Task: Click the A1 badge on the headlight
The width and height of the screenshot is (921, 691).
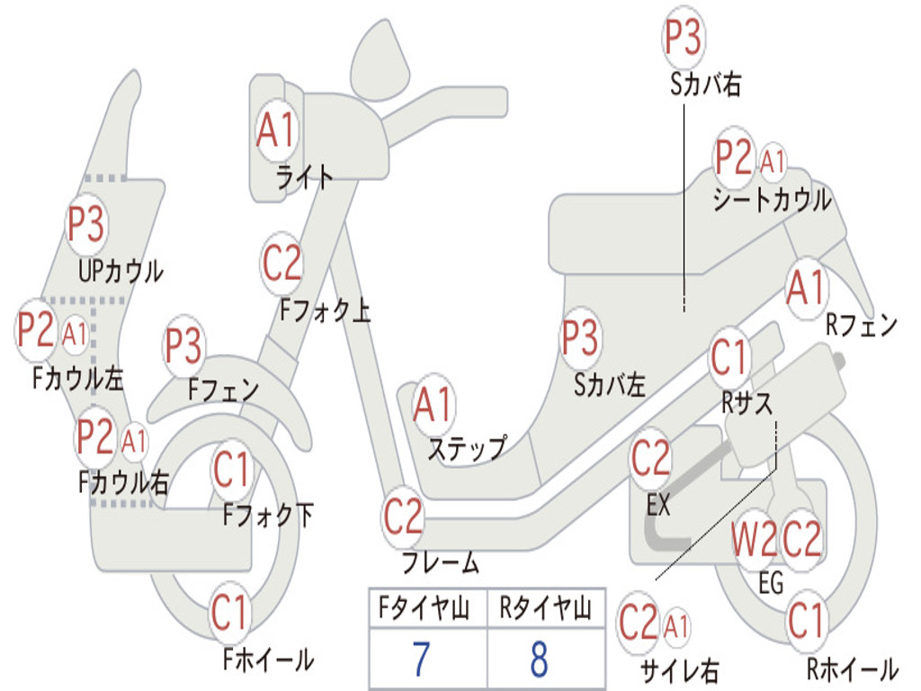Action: point(275,130)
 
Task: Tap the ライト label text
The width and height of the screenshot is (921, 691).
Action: point(305,177)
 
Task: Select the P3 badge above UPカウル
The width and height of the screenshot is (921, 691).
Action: point(85,224)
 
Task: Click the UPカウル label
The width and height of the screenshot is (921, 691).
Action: point(121,272)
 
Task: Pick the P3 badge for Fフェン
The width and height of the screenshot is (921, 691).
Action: point(183,345)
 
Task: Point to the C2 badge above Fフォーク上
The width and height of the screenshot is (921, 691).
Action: point(282,264)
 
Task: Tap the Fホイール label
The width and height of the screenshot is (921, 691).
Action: point(268,660)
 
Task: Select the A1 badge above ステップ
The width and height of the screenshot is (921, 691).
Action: point(433,405)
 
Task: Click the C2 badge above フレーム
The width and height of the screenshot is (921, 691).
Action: point(403,516)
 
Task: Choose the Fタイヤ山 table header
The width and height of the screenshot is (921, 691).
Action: point(425,607)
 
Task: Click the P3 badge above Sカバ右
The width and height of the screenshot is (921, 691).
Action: point(684,38)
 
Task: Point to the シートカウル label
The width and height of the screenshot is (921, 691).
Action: point(773,200)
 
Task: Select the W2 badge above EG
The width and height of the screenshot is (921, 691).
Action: point(754,539)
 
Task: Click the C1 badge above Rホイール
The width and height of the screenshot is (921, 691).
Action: point(806,621)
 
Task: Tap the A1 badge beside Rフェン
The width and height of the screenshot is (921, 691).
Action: point(806,289)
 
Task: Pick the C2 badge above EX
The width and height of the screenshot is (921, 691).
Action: point(651,458)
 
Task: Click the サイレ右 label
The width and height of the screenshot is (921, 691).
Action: point(680,670)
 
